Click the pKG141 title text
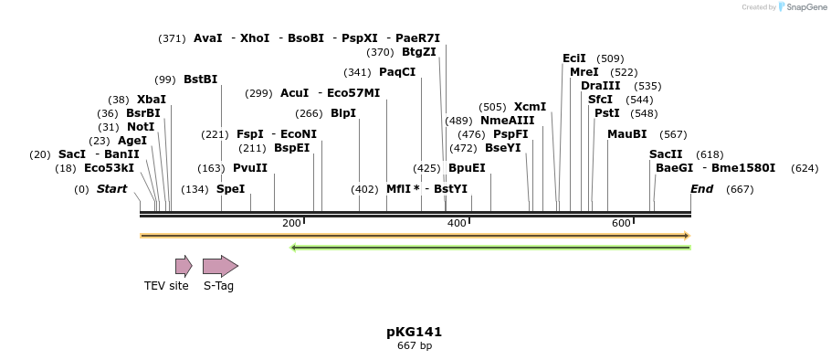(414, 332)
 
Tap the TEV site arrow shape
(184, 266)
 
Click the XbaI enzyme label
(152, 100)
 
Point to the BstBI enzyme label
(201, 79)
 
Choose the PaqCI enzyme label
(397, 72)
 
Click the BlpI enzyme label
(343, 113)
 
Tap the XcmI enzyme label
(530, 107)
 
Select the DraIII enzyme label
(600, 86)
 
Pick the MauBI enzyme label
(626, 134)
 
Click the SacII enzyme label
(666, 154)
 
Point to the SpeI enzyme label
(231, 189)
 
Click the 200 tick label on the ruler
(291, 224)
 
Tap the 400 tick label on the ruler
(456, 224)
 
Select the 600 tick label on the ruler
(620, 224)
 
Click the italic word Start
(111, 189)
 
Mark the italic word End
(701, 189)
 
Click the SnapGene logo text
(805, 7)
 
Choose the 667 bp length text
(414, 346)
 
